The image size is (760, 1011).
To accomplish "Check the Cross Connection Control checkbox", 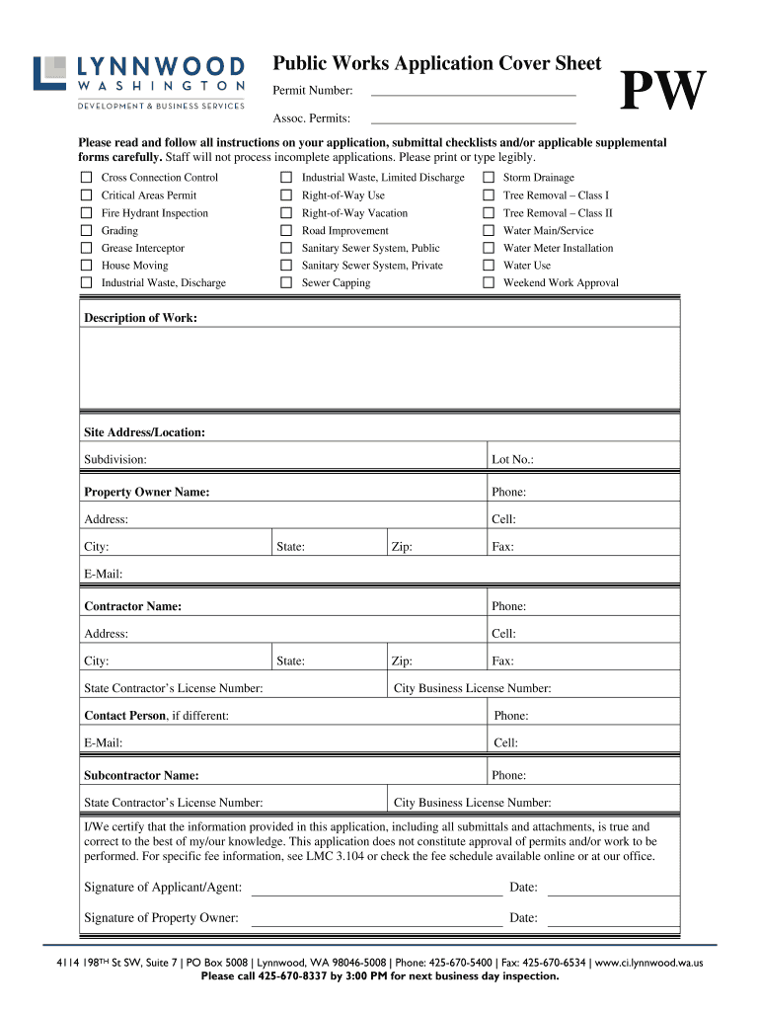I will pos(86,178).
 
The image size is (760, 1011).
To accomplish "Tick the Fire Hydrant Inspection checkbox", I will pos(86,213).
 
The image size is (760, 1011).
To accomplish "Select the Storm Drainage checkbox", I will pos(488,178).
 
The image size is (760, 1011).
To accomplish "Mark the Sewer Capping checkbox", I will pos(286,283).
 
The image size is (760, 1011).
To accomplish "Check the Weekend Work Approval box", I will pos(488,283).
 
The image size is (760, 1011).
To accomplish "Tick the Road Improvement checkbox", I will pos(286,231).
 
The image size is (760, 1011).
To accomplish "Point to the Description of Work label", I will pos(140,318).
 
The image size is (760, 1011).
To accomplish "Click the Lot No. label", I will pos(512,460).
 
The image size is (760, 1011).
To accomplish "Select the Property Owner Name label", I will pos(146,492).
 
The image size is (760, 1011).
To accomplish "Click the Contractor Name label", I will pos(132,606).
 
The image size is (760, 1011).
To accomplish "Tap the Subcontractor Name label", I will pos(141,776).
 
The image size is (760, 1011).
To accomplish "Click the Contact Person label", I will pos(124,716).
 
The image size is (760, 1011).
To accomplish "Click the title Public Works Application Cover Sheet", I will pos(436,64).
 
